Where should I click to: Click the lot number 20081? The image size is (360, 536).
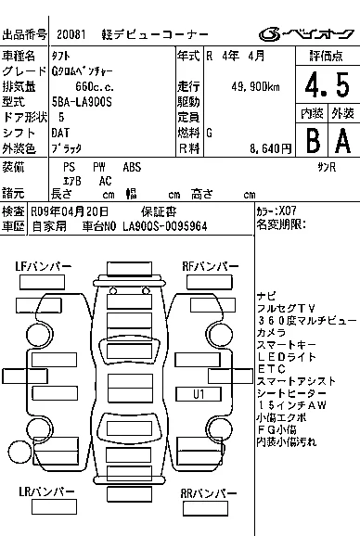coord(71,34)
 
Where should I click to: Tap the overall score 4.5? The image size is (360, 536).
coord(328,84)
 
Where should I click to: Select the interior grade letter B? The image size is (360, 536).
coord(313,141)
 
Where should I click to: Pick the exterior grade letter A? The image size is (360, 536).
coord(343,141)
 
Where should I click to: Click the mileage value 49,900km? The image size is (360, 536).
coord(255,87)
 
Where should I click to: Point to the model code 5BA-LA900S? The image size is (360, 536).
coord(82,102)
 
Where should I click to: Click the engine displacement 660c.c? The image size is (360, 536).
coord(95,87)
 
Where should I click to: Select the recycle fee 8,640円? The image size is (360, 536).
coord(270,148)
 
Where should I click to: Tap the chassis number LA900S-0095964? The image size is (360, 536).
coord(165,226)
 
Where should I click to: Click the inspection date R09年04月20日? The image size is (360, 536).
coord(70,211)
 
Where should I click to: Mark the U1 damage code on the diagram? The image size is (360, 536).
coord(199,394)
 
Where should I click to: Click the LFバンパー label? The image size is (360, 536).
coord(43,266)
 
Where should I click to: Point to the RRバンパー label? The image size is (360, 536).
coord(209,493)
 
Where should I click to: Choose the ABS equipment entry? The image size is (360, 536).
coord(132,167)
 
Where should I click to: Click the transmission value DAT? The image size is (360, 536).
coord(60,133)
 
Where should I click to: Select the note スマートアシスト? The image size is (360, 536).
coord(296,381)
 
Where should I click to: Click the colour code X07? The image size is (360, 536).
coord(288,211)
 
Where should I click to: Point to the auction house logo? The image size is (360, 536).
coord(306,34)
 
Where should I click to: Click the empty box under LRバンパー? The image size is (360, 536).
coord(54,507)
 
